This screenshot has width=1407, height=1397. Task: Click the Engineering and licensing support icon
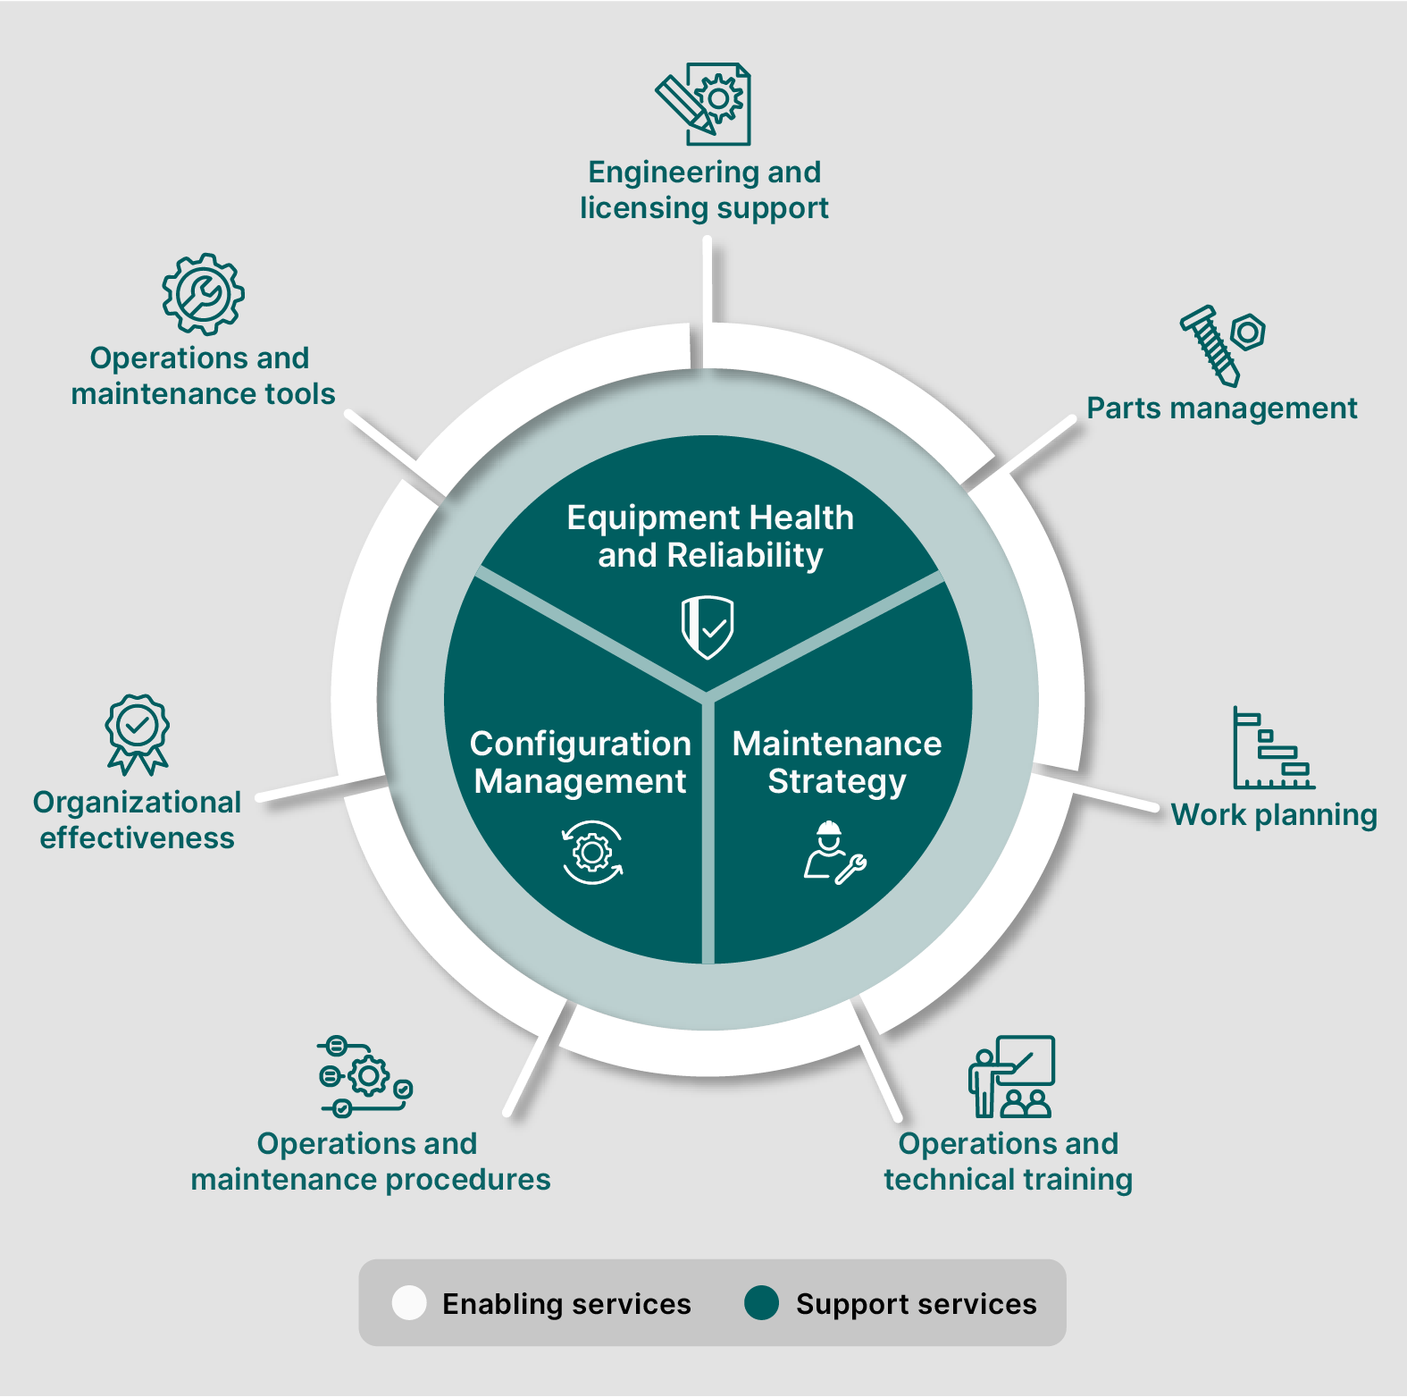click(x=703, y=104)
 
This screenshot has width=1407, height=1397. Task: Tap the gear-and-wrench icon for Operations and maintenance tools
click(x=203, y=294)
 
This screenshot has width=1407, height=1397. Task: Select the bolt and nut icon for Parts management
click(x=1222, y=346)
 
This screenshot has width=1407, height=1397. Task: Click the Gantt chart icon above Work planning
click(x=1274, y=747)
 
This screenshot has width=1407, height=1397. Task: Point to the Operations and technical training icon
click(x=1011, y=1077)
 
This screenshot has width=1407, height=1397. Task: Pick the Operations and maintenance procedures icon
click(x=365, y=1076)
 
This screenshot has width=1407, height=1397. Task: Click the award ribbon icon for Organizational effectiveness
click(x=138, y=735)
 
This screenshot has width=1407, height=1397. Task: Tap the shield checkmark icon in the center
click(x=708, y=627)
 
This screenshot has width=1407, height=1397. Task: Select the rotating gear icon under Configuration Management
click(x=592, y=853)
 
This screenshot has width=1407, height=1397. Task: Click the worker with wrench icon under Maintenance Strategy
click(x=834, y=853)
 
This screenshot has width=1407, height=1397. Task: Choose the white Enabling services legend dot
click(x=409, y=1303)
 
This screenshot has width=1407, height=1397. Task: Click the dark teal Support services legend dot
click(x=762, y=1303)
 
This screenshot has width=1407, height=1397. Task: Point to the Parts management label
click(x=1221, y=408)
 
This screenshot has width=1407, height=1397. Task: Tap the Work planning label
click(x=1274, y=815)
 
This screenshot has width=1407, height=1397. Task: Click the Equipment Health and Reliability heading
click(x=710, y=536)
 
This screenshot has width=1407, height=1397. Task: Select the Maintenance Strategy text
click(x=837, y=762)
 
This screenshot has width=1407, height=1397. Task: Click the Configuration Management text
click(x=581, y=762)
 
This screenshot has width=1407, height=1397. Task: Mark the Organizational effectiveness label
click(x=138, y=820)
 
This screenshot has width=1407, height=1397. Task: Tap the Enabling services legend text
click(x=566, y=1304)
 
